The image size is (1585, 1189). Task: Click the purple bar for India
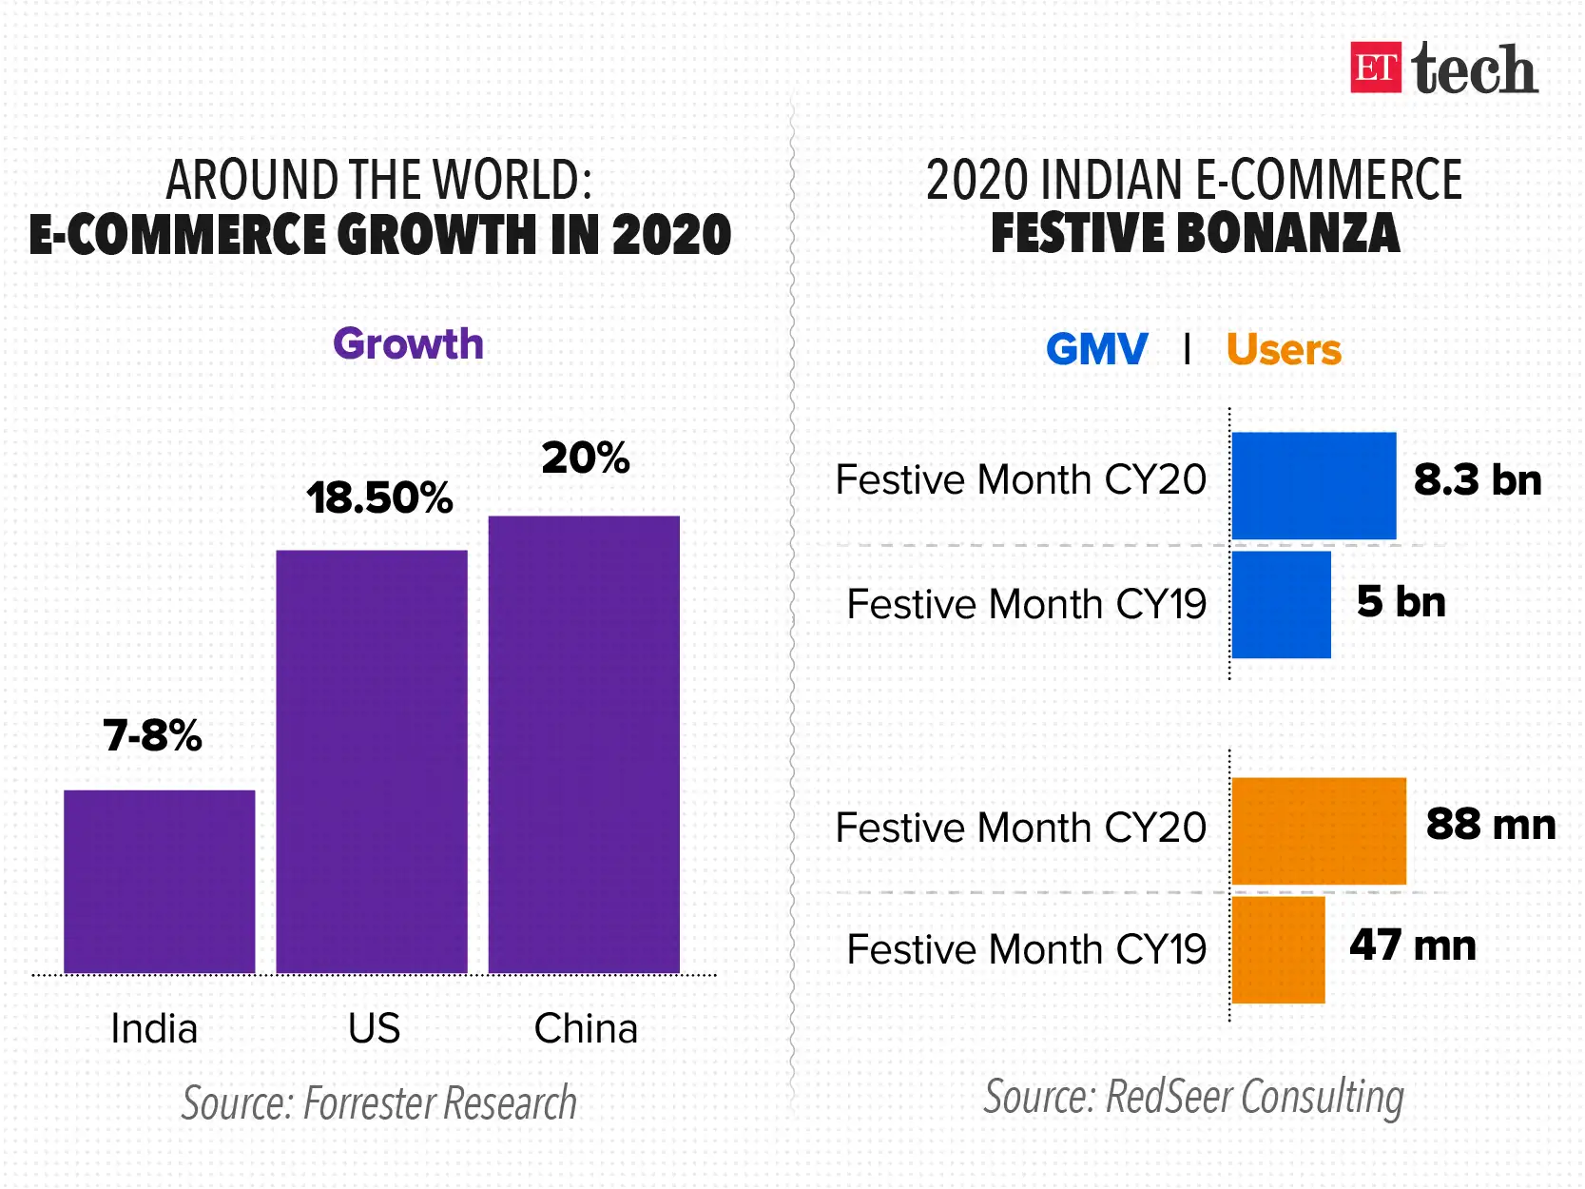tap(160, 881)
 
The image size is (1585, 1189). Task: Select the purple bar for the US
tap(372, 761)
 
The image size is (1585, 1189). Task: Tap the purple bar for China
tap(584, 744)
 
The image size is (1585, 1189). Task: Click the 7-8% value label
tap(153, 735)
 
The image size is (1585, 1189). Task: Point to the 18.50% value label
tap(379, 498)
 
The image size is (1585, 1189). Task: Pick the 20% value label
tap(586, 458)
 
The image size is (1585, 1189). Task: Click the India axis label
tap(154, 1028)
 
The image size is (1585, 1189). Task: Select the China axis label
tap(586, 1028)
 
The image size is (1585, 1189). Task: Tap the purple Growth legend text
tap(408, 344)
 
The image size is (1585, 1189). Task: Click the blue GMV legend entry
tap(1097, 350)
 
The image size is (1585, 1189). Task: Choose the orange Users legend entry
tap(1284, 350)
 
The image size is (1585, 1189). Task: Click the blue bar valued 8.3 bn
tap(1314, 485)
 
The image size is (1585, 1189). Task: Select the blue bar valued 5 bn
tap(1281, 605)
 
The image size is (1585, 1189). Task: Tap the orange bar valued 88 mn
tap(1319, 831)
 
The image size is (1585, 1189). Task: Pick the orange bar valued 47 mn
tap(1278, 949)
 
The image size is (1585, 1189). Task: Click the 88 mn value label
tap(1491, 825)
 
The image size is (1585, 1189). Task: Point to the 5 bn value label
tap(1401, 602)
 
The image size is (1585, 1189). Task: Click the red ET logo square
tap(1376, 68)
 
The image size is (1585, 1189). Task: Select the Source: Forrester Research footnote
tap(379, 1103)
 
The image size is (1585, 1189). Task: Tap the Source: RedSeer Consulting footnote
tap(1193, 1097)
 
